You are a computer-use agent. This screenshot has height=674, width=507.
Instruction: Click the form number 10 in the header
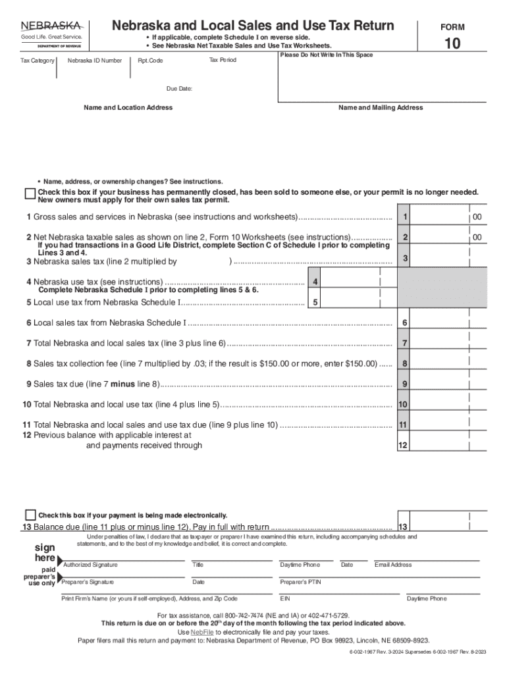tap(452, 45)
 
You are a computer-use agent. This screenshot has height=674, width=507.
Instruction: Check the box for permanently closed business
tap(30, 194)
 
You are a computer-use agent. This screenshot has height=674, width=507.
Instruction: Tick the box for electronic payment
tap(30, 515)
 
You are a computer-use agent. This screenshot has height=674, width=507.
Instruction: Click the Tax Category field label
tap(38, 61)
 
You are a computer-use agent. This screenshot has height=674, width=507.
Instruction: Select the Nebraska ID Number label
tap(95, 61)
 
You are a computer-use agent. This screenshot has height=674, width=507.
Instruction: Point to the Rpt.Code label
tap(150, 61)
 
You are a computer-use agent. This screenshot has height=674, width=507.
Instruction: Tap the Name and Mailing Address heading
tap(381, 107)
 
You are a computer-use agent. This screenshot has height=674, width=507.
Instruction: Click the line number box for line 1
tap(406, 217)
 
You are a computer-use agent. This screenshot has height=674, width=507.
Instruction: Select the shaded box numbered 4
tap(316, 282)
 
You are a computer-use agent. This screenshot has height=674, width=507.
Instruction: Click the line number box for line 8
tap(406, 363)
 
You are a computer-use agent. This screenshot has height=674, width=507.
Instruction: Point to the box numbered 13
tap(404, 527)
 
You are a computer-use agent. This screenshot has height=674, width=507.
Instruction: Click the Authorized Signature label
tap(90, 565)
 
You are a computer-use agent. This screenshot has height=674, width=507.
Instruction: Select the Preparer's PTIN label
tap(300, 582)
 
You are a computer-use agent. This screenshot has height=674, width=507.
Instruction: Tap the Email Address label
tap(393, 565)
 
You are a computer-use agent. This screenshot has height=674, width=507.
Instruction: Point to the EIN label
tap(285, 599)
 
